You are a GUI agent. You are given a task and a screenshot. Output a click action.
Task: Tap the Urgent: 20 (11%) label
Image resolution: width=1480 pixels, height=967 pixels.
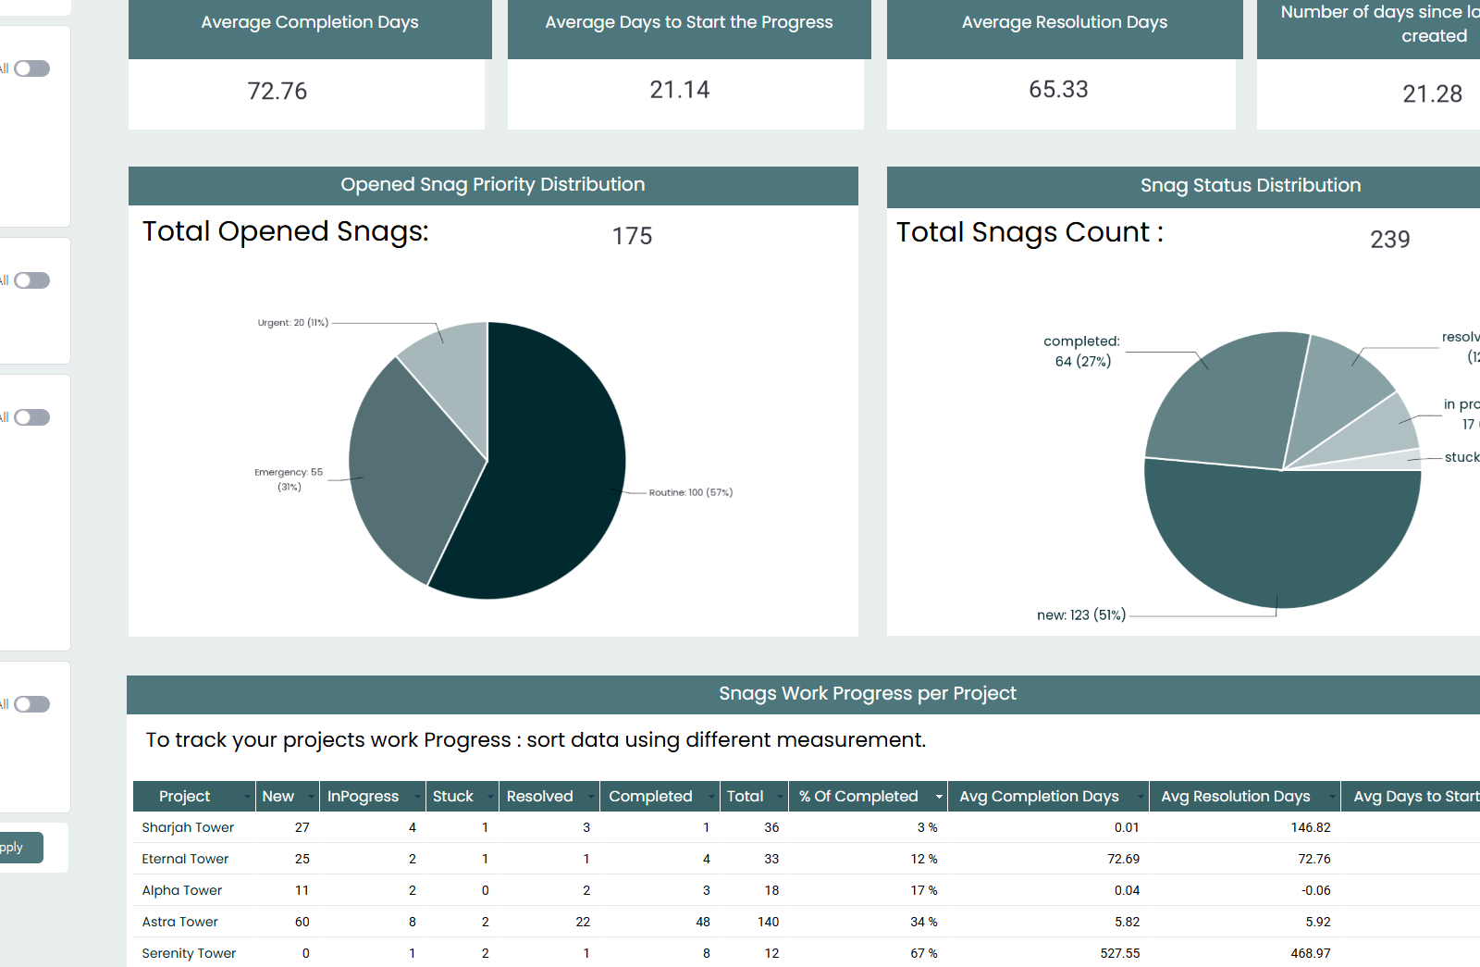(292, 323)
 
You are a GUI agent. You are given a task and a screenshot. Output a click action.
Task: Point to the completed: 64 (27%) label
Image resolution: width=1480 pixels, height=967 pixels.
(1082, 351)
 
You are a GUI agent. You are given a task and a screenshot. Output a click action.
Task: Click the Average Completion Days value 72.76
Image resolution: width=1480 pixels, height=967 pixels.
(277, 91)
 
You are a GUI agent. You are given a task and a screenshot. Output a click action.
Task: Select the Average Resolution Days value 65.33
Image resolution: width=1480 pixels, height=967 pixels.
(1058, 90)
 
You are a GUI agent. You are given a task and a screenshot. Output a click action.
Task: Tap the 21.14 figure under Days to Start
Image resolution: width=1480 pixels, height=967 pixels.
(679, 90)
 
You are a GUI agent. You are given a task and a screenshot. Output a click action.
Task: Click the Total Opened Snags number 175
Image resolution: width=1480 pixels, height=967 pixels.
(632, 236)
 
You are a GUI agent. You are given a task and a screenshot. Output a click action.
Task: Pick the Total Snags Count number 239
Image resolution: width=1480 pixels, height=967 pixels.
(1389, 240)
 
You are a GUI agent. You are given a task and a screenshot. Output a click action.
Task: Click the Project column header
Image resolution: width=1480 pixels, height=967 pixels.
(184, 796)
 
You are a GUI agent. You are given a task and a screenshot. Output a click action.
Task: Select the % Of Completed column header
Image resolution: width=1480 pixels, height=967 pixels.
(858, 796)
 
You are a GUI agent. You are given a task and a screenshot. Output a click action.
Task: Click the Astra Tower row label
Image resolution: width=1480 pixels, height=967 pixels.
(179, 922)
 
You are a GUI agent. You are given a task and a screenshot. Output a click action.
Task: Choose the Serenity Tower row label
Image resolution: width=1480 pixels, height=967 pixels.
(189, 953)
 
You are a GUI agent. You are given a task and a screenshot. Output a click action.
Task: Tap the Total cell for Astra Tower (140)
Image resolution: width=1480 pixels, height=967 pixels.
(768, 922)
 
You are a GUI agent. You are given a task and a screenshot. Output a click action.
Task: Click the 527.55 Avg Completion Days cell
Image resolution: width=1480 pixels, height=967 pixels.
(1119, 953)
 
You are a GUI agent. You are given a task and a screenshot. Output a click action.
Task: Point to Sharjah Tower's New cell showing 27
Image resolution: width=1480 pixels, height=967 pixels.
(302, 827)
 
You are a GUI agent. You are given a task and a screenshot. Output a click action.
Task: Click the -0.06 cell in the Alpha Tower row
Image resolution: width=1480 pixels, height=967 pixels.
(1315, 890)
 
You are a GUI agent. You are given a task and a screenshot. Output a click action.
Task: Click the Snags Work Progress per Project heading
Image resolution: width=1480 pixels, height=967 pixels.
(867, 694)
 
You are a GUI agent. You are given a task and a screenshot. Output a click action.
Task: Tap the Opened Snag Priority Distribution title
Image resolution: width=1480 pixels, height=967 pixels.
(492, 185)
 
